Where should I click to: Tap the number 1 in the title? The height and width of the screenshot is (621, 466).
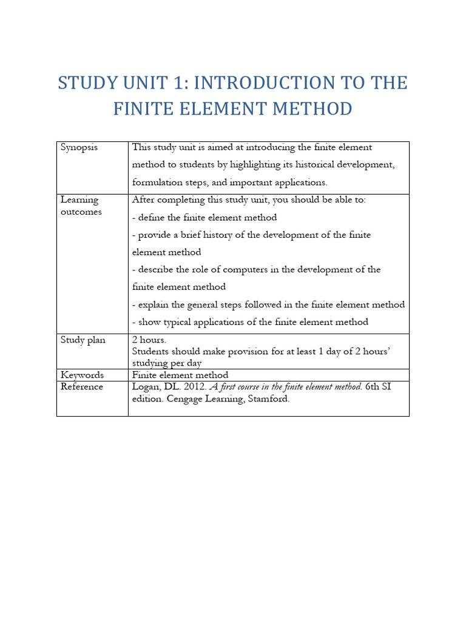[x=189, y=83]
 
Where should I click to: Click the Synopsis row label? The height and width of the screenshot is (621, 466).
[x=79, y=147]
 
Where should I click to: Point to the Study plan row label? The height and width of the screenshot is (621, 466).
[x=83, y=340]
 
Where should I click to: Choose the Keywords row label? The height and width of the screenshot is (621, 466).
[x=82, y=375]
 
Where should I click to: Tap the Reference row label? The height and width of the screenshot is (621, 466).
[x=82, y=386]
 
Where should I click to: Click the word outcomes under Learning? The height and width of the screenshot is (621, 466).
[x=81, y=212]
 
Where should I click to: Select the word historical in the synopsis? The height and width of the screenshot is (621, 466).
[x=305, y=164]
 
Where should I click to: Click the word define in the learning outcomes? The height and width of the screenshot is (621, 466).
[x=152, y=217]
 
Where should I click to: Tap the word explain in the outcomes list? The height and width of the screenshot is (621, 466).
[x=154, y=304]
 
